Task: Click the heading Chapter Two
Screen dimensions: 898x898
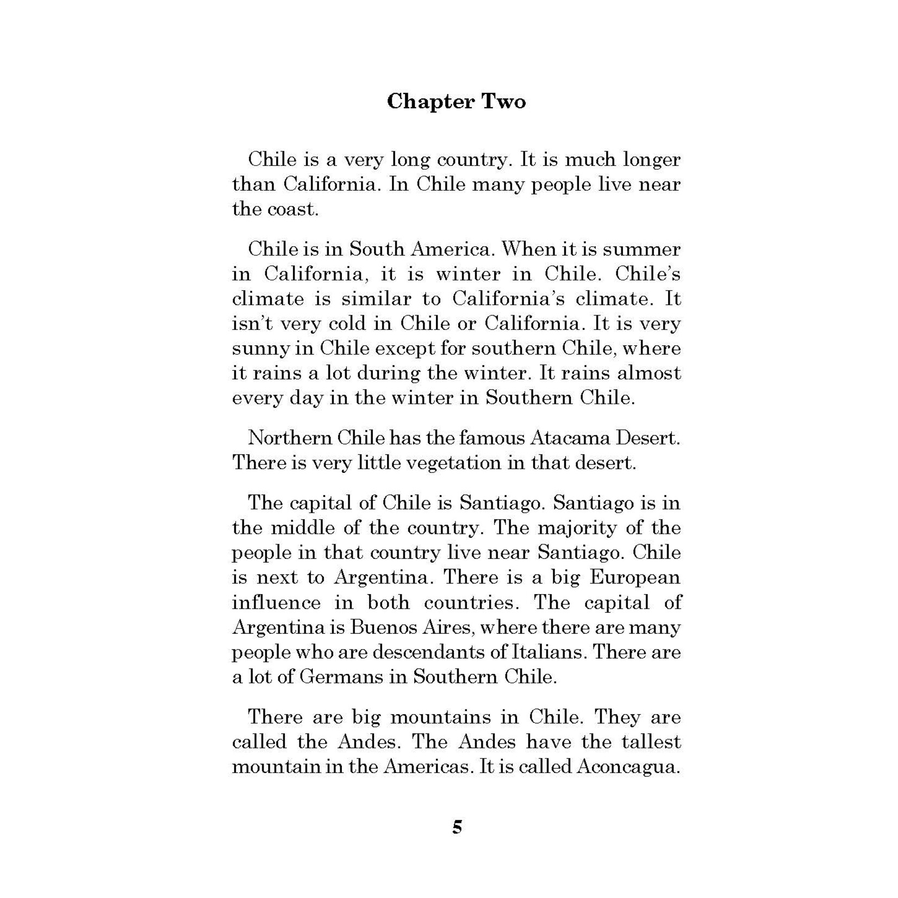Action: point(456,102)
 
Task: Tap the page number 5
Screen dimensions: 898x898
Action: point(457,827)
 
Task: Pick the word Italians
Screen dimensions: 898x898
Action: point(550,652)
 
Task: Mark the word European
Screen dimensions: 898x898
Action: point(635,577)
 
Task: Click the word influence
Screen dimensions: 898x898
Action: point(276,602)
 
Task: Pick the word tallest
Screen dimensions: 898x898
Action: point(642,742)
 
